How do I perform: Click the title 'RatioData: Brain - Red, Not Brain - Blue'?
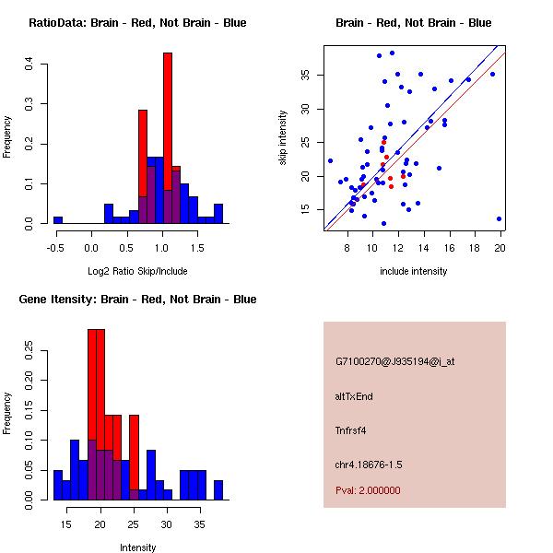pos(137,23)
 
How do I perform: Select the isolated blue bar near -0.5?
pos(58,220)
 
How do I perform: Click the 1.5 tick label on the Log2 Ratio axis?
pos(197,247)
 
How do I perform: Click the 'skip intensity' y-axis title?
pos(285,138)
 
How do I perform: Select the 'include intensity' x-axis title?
pos(414,272)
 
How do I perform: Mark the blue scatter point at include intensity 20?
pos(499,218)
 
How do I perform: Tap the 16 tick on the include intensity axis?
pos(450,247)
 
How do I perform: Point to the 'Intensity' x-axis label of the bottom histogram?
pos(137,547)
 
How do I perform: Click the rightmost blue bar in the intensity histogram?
pos(218,489)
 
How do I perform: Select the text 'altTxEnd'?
pos(354,396)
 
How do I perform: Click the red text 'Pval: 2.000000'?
pos(368,490)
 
